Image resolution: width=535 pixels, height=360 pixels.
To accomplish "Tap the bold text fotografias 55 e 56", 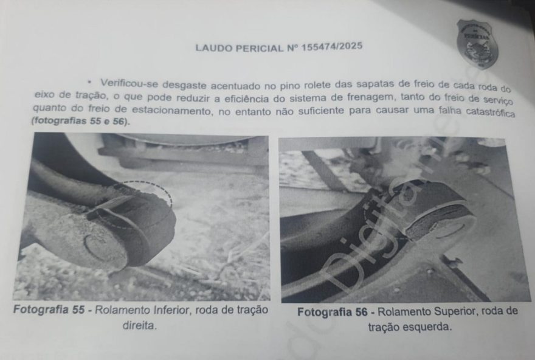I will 80,122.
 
